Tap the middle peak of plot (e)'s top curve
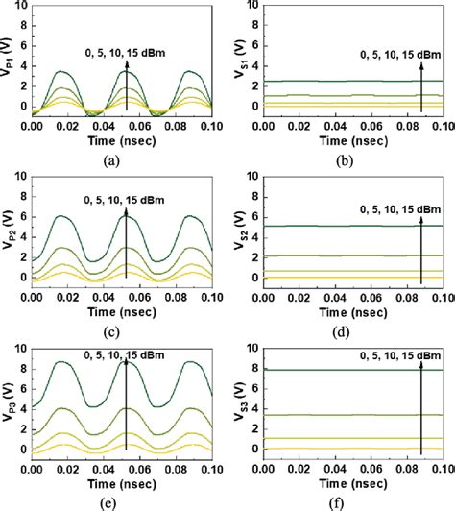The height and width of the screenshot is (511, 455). point(126,361)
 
